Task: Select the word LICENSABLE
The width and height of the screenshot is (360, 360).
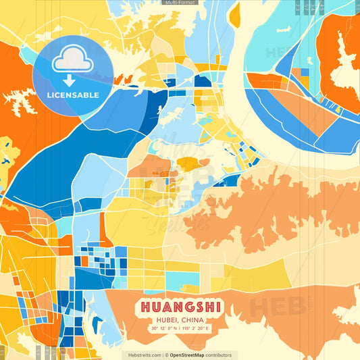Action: coord(72,95)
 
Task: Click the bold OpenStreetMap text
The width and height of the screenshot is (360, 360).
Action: coord(190,355)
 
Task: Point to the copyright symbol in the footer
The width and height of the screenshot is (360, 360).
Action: coord(166,355)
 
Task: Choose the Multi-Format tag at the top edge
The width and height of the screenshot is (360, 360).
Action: coord(180,3)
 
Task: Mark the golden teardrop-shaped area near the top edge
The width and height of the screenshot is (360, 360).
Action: coord(234,15)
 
